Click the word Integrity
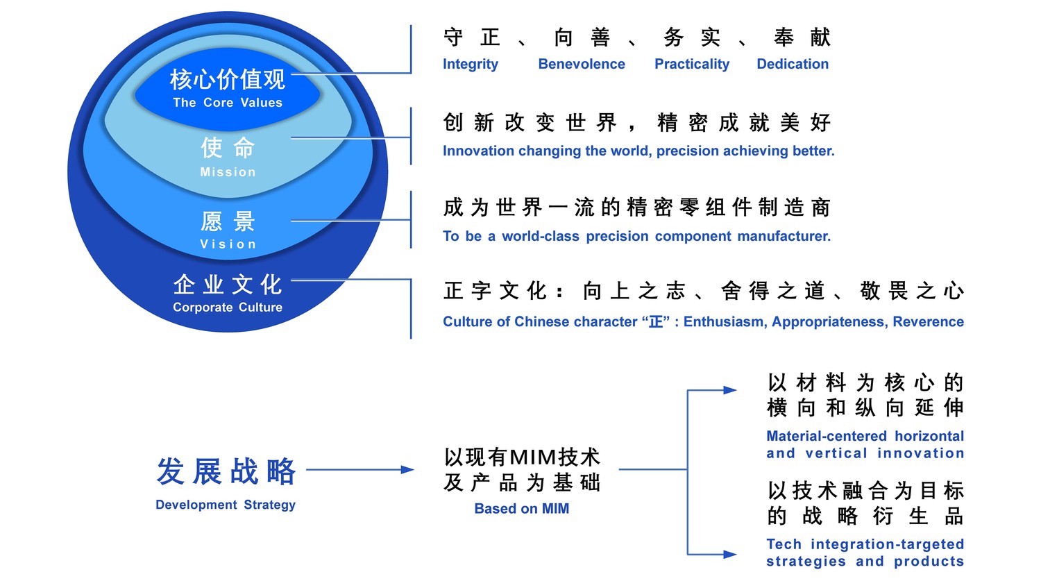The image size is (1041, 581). [x=471, y=64]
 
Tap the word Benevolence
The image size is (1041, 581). [x=582, y=64]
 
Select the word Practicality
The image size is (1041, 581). [x=692, y=64]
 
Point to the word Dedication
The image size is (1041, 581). [x=793, y=64]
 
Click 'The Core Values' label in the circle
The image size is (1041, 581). [x=228, y=103]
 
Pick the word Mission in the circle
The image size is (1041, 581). [x=228, y=172]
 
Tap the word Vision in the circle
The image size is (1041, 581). [x=228, y=244]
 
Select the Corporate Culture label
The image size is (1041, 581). [x=228, y=308]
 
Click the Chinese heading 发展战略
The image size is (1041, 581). [x=226, y=472]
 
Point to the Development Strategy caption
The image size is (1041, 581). [x=226, y=505]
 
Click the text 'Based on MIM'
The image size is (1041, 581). [x=522, y=509]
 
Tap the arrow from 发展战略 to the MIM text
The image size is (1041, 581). [x=360, y=470]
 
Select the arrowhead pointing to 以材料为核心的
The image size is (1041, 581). [x=729, y=390]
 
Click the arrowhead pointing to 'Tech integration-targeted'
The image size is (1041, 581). [x=729, y=554]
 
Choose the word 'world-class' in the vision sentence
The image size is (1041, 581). [x=541, y=236]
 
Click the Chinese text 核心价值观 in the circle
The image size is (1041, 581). [x=228, y=79]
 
